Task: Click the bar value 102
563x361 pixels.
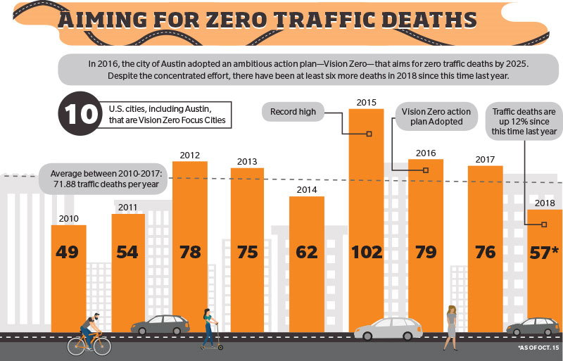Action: coord(367,252)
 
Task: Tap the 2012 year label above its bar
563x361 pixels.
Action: coord(189,156)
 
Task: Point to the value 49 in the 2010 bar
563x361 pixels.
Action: coord(67,252)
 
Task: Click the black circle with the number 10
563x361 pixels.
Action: coord(80,113)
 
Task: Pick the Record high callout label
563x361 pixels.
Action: coord(293,112)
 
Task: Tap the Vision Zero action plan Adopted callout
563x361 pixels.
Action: coord(436,116)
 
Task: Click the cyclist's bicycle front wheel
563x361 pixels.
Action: coord(102,346)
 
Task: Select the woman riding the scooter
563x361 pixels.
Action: coord(209,329)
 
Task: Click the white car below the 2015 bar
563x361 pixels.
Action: coord(388,329)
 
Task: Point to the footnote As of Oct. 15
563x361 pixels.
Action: coord(538,348)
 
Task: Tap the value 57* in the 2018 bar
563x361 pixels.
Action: coord(544,253)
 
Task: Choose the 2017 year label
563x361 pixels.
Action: coord(485,159)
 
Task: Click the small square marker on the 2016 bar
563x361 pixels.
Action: coord(426,170)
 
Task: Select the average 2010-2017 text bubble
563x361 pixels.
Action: coord(104,179)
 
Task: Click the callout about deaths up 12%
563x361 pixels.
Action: coord(524,122)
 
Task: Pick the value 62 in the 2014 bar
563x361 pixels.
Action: coord(306,252)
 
